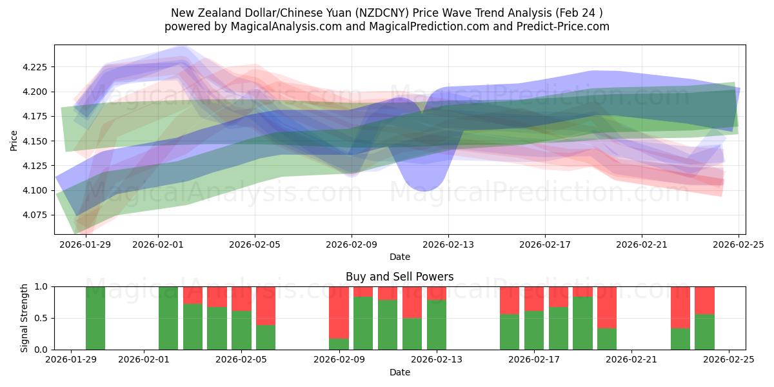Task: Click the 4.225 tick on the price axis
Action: click(x=37, y=67)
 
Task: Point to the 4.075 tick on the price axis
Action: click(x=37, y=215)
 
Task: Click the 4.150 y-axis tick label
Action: click(x=37, y=141)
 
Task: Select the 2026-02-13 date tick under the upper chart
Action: click(x=448, y=244)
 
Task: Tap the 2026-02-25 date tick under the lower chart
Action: click(x=729, y=360)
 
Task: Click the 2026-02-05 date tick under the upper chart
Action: click(x=255, y=244)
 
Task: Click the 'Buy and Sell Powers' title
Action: click(x=399, y=277)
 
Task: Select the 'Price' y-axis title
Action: click(x=14, y=140)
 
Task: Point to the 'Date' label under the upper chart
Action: click(x=399, y=257)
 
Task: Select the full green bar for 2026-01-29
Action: click(x=95, y=318)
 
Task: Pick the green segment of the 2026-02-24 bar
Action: click(x=704, y=332)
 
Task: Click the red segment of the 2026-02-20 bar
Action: click(x=607, y=307)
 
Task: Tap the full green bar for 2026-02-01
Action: click(x=168, y=318)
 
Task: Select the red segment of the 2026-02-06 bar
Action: click(x=266, y=306)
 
